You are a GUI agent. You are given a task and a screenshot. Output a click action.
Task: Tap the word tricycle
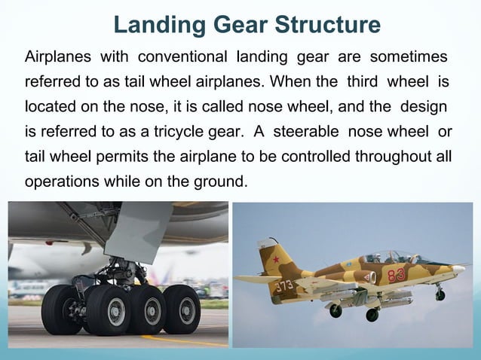click(x=188, y=133)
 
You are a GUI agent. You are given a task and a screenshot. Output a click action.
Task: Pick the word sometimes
click(x=410, y=57)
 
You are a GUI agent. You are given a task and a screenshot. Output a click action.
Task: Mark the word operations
click(x=61, y=182)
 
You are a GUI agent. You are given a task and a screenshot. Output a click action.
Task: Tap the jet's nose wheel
click(x=440, y=295)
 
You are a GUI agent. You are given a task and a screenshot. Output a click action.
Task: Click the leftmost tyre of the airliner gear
click(x=60, y=310)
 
